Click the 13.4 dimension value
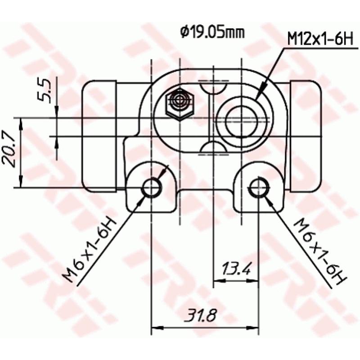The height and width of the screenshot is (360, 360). pyautogui.click(x=235, y=270)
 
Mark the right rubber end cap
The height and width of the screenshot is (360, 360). pyautogui.click(x=306, y=135)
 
